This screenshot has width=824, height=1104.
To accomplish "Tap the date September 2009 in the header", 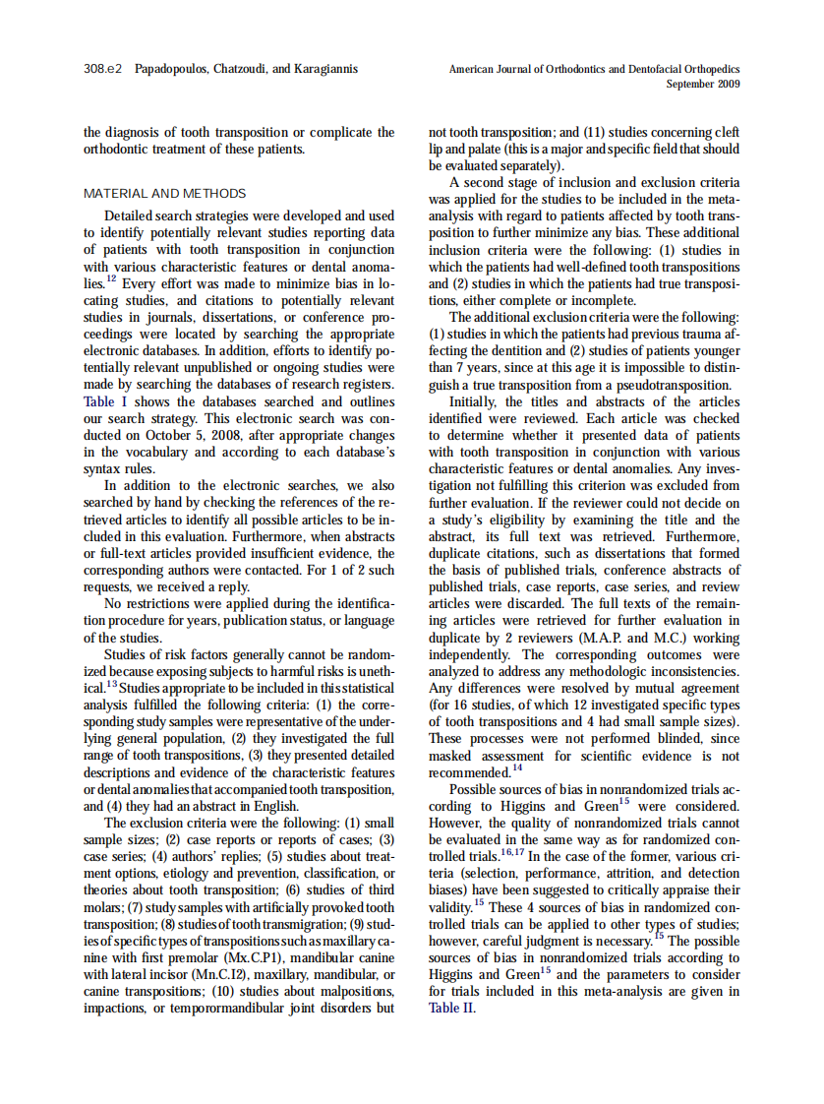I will (702, 85).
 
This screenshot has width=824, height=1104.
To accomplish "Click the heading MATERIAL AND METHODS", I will (165, 194).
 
